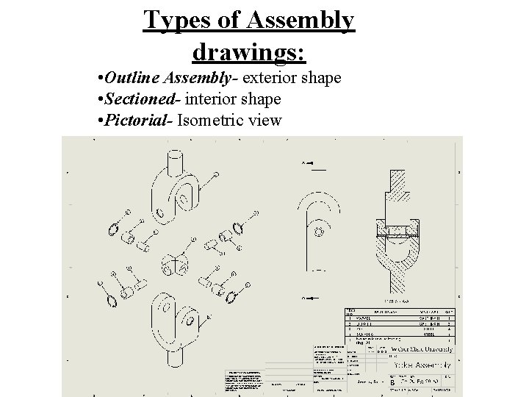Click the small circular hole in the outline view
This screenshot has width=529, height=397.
[318, 232]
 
